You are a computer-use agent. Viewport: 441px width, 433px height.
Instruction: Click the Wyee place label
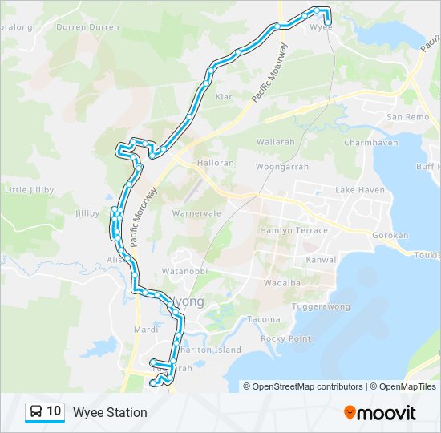321,26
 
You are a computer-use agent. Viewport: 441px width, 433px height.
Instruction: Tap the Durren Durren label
87,27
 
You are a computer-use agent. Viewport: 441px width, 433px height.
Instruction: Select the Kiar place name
224,96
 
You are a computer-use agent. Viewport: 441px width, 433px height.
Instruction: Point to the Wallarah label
276,142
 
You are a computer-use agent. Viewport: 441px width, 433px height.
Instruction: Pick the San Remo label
408,117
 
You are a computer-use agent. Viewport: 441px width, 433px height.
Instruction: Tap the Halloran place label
216,163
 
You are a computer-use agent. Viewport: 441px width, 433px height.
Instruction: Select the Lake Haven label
360,190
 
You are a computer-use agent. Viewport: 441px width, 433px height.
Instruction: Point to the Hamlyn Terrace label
293,230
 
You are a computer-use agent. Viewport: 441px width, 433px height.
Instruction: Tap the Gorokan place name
391,236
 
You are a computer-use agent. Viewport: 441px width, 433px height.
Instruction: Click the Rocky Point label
285,338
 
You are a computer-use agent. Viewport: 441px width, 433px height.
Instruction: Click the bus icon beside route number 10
36,411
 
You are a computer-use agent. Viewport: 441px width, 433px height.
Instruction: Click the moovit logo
380,412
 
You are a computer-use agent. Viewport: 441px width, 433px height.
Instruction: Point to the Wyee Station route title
110,412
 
